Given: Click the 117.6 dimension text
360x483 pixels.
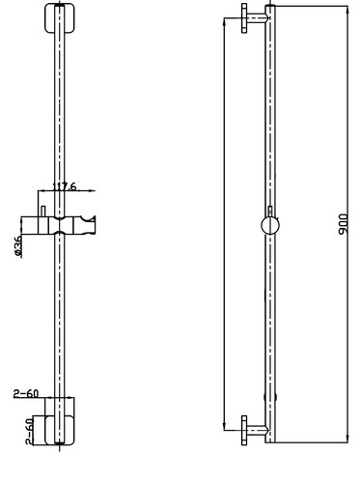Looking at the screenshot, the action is tap(65, 186).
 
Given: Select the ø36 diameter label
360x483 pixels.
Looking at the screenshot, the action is tap(18, 246).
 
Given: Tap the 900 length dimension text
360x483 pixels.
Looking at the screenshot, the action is tap(343, 224).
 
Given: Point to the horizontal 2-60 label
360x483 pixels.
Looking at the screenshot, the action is tap(26, 393).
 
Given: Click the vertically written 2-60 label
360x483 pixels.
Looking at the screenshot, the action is tap(29, 431).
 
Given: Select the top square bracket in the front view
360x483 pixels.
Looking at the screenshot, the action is tap(60, 18).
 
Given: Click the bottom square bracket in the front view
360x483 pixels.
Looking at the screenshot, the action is tap(60, 430).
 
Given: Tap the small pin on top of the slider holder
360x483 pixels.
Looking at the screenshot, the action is tap(43, 212).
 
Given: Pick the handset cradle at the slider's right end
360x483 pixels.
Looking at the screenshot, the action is tap(85, 225).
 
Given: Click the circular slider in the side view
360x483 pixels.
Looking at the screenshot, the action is tap(270, 225).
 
